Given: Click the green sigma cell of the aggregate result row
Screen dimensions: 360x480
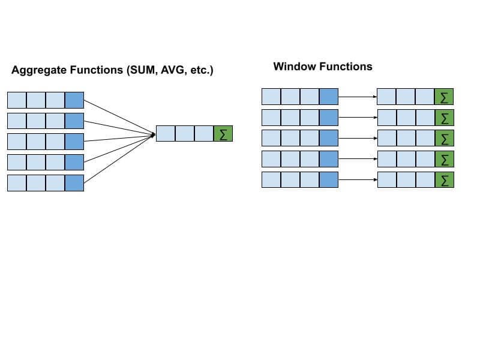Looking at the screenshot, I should point(223,133).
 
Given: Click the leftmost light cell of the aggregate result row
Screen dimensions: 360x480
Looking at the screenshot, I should point(166,133).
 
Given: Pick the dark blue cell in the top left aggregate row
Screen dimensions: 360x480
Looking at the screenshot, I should point(74,100).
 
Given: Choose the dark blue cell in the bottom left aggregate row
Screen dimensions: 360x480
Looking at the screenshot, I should point(74,183).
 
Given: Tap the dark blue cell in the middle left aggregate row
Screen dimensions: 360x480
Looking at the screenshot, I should point(74,142).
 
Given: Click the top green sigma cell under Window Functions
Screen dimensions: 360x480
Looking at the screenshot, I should point(444,96).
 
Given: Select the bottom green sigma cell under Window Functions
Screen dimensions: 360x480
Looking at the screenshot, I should point(444,179).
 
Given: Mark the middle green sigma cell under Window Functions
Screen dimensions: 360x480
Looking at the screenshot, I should point(444,138).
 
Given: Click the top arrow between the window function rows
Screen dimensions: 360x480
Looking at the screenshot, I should point(358,96).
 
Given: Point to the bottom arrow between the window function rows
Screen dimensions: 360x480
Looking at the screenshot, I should point(358,179).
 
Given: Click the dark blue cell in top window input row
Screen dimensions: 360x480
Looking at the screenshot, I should point(329,96).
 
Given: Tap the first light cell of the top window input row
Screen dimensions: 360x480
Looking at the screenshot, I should point(271,96).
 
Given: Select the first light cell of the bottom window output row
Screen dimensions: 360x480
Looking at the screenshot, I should point(387,179).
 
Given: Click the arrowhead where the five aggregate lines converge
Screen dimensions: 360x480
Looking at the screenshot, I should point(153,134).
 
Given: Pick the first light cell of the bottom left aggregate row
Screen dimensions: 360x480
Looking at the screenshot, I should point(17,183).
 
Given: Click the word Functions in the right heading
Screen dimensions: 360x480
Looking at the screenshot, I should point(346,67).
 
